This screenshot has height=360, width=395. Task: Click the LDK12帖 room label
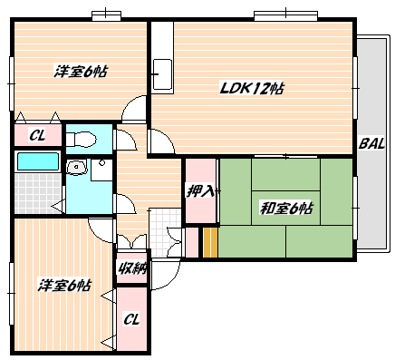tap(251, 88)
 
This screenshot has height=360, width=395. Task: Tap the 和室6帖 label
tap(286, 209)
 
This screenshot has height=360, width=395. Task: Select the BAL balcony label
tap(371, 143)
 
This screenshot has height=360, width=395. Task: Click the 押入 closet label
tap(201, 191)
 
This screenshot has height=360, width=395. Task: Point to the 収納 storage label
tap(131, 268)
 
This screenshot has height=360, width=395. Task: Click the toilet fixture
tap(81, 140)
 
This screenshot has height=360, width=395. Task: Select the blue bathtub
tap(38, 161)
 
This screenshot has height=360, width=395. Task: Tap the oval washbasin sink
tap(76, 167)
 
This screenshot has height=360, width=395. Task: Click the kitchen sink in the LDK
tap(163, 74)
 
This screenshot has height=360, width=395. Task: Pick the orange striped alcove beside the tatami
tap(210, 242)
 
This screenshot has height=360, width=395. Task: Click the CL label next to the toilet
tap(37, 135)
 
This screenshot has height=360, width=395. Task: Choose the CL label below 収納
tap(131, 319)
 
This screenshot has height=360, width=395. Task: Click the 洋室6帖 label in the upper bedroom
tap(81, 72)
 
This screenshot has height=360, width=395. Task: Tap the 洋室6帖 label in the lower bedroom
tap(64, 286)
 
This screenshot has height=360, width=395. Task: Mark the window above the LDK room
tap(285, 15)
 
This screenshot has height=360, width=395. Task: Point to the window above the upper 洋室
tap(106, 15)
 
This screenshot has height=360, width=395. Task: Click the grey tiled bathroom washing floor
tap(38, 193)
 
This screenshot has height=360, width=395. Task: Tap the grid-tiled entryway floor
tap(165, 232)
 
